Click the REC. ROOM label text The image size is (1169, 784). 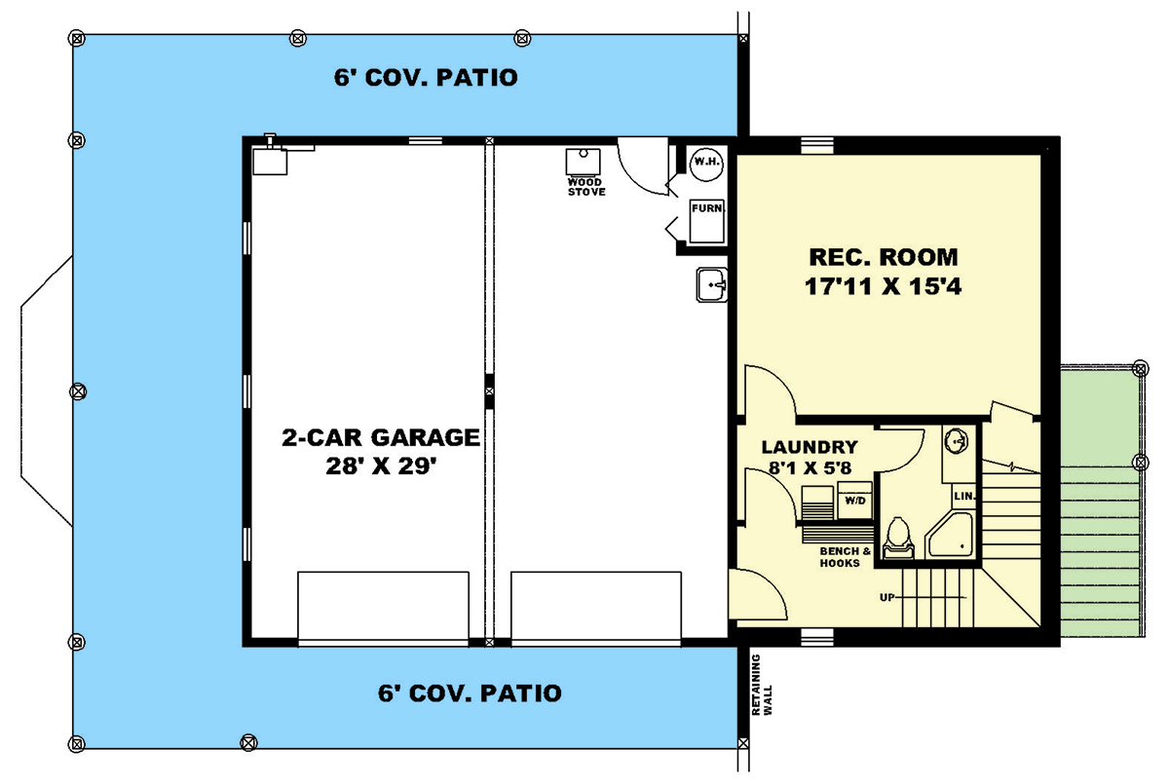pyautogui.click(x=883, y=258)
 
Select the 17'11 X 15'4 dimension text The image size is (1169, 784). pyautogui.click(x=883, y=288)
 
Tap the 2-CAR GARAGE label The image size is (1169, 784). pyautogui.click(x=381, y=437)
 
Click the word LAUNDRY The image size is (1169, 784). pyautogui.click(x=809, y=448)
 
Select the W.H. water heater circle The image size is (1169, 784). pyautogui.click(x=705, y=162)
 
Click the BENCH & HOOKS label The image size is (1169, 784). pyautogui.click(x=839, y=557)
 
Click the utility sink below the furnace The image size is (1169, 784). pyautogui.click(x=712, y=285)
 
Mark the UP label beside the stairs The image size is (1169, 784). pyautogui.click(x=886, y=597)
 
